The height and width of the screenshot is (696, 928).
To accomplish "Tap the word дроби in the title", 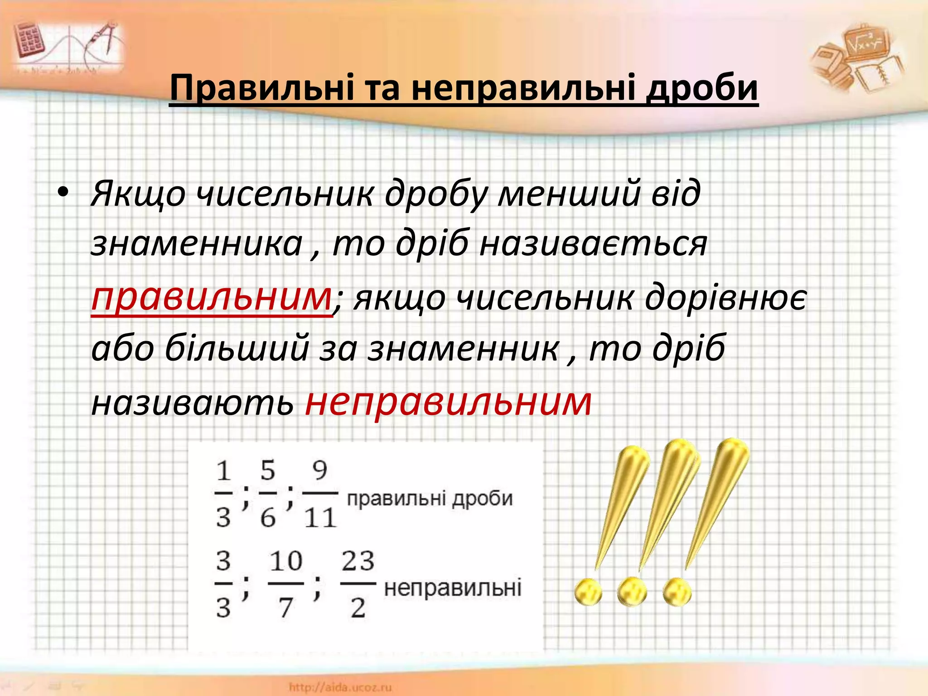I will (702, 88).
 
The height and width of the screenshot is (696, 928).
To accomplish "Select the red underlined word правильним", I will (212, 297).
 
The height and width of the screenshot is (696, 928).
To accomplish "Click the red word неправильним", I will (449, 401).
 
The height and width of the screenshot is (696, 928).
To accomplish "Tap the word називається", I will (593, 245).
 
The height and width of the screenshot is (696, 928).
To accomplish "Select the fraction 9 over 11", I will (320, 494).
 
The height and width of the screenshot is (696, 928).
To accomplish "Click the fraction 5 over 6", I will (268, 494).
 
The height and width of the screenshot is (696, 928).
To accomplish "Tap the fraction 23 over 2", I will (358, 584).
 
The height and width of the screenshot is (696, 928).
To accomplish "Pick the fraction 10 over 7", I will (286, 584).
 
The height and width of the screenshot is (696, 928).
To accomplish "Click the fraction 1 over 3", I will (223, 494).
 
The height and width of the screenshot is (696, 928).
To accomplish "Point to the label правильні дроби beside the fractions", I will (430, 498).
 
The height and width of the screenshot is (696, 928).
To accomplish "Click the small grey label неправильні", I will (452, 588).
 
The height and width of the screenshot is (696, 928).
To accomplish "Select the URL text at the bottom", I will (340, 687).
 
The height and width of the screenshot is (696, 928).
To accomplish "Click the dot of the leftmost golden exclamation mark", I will (588, 592).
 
